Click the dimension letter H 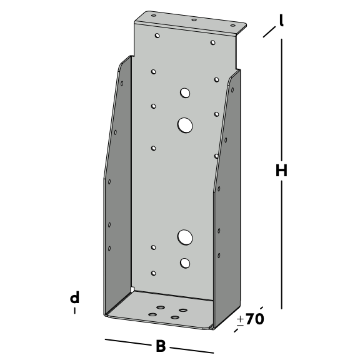281,171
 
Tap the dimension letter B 161,346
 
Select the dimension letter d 74,297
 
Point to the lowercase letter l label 281,20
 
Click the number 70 255,319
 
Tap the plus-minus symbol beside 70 240,321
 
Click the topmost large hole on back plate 185,93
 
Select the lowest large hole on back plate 185,263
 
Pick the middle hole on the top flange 194,20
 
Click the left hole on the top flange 154,16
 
